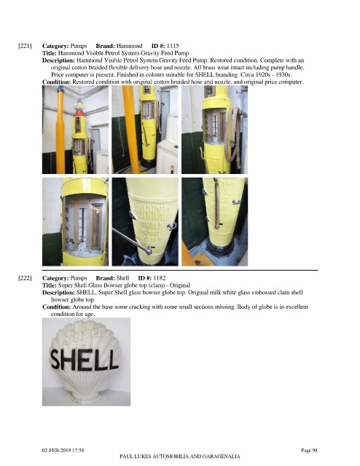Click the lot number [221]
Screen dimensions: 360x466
(x=25, y=46)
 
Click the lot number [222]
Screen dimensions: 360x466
(x=25, y=278)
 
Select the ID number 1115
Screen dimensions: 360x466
(x=173, y=46)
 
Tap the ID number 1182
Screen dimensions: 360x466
(x=160, y=278)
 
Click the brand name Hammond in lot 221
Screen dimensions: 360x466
(x=130, y=46)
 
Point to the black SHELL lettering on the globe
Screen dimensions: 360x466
(x=85, y=360)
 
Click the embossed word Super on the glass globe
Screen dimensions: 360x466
(x=82, y=335)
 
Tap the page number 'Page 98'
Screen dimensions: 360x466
(x=309, y=450)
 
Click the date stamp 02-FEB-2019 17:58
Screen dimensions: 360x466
(x=63, y=450)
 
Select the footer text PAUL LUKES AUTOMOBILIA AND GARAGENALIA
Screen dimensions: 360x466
(x=180, y=457)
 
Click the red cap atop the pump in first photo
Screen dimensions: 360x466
(x=79, y=114)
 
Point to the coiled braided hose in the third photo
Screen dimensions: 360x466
(x=233, y=137)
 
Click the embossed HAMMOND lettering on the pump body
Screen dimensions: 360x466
(x=151, y=210)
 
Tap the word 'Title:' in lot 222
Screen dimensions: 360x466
(x=50, y=285)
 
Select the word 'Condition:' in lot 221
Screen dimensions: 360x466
(x=57, y=82)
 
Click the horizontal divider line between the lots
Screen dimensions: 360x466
(x=180, y=270)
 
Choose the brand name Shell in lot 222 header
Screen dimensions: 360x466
(x=122, y=278)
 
